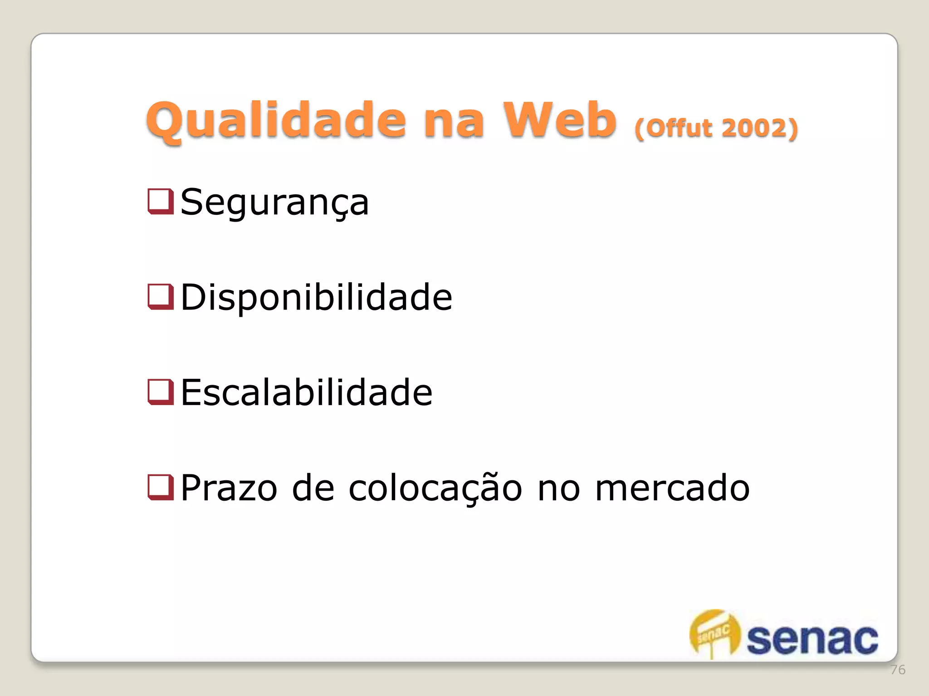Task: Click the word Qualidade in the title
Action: pyautogui.click(x=276, y=120)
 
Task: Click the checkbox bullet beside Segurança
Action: pyautogui.click(x=161, y=201)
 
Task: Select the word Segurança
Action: pyautogui.click(x=274, y=203)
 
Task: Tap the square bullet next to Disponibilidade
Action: pyautogui.click(x=161, y=296)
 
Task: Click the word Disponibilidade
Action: pyautogui.click(x=316, y=297)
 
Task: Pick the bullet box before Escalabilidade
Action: pyautogui.click(x=161, y=391)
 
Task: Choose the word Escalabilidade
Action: pyautogui.click(x=306, y=392)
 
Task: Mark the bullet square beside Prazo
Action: pyautogui.click(x=161, y=487)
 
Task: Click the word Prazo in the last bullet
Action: pyautogui.click(x=229, y=488)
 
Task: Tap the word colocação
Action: pyautogui.click(x=435, y=488)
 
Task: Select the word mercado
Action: pyautogui.click(x=672, y=488)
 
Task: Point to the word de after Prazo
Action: pyautogui.click(x=313, y=488)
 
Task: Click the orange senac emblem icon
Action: pyautogui.click(x=714, y=633)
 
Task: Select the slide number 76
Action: pyautogui.click(x=898, y=670)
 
